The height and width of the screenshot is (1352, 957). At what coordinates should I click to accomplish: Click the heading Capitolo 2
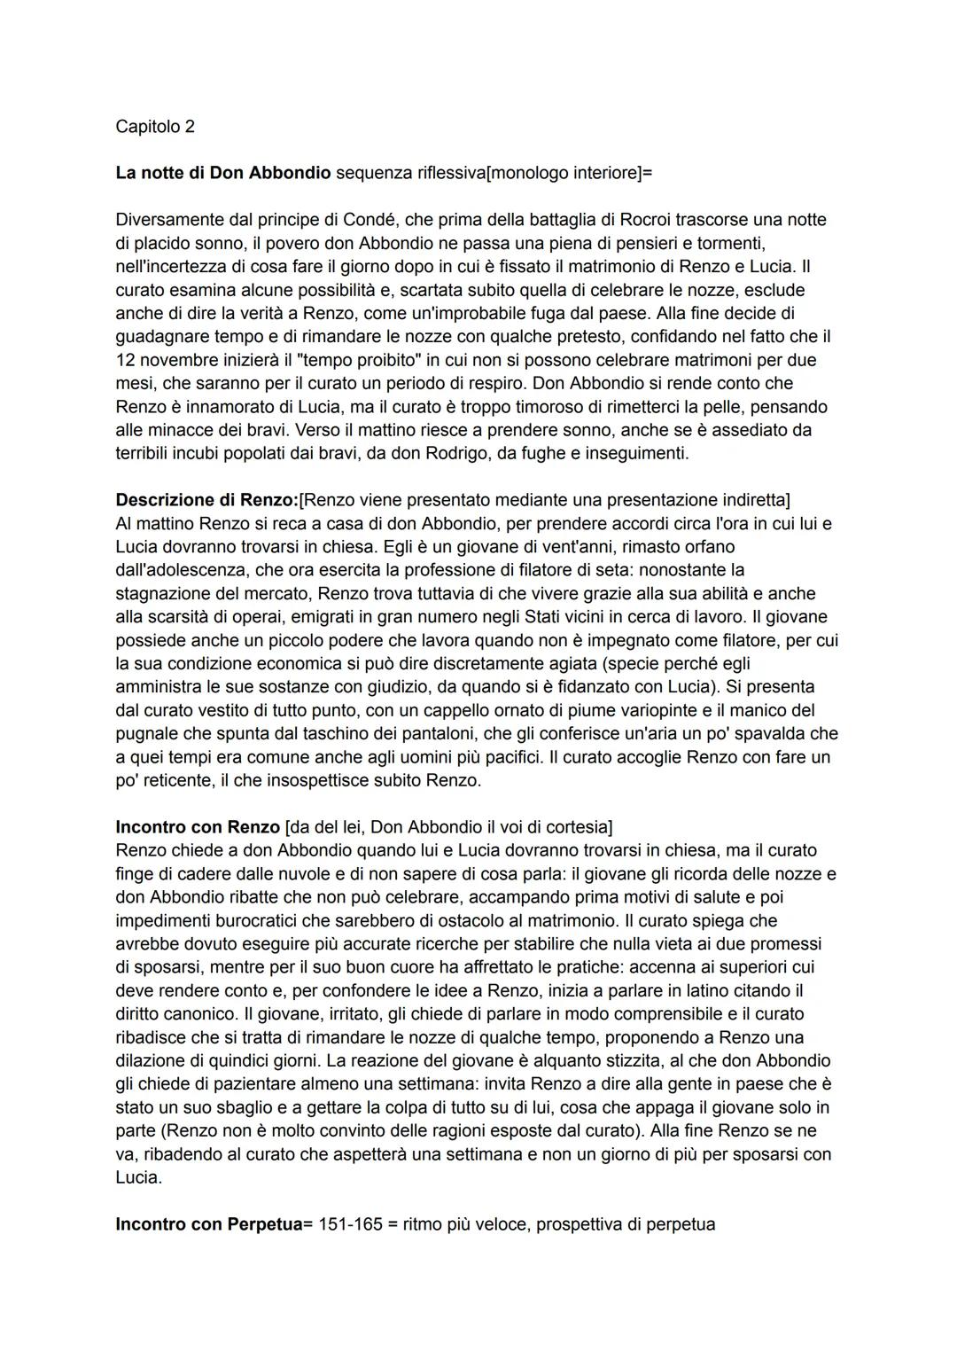tap(155, 127)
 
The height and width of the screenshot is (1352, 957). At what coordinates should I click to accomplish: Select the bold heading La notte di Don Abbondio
tap(222, 173)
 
